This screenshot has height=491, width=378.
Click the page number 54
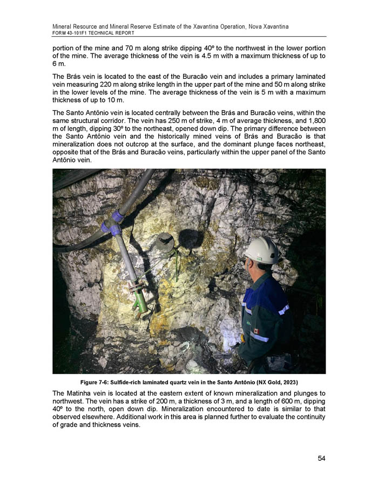321,458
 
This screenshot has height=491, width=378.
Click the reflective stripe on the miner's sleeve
283,309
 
